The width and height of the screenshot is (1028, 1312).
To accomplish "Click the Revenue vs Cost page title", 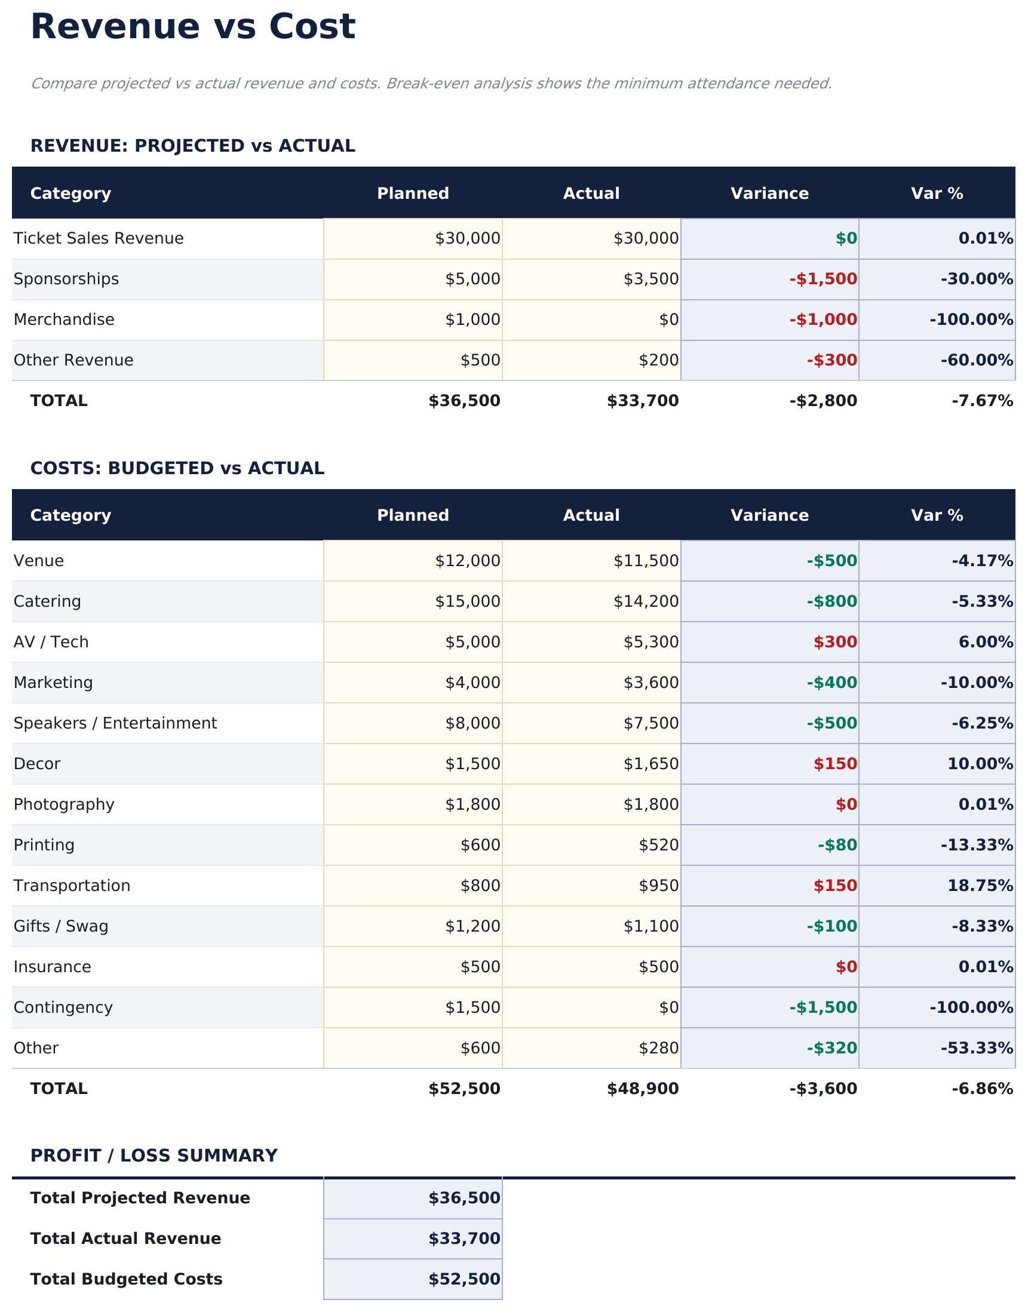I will coord(192,27).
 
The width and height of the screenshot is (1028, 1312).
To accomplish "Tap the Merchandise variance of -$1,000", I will coord(823,319).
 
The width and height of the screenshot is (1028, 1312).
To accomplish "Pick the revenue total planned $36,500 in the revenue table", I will coord(464,401).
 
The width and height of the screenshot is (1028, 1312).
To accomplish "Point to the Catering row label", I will coord(47,601).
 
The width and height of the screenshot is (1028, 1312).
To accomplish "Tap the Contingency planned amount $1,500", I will coord(472,1007).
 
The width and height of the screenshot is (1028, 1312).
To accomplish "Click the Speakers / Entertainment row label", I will coord(115,723).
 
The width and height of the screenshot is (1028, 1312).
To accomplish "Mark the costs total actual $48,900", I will coord(642,1089).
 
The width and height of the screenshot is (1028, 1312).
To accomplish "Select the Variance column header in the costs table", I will coord(769,515).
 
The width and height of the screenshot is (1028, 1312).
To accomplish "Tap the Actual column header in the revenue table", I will coord(591,193).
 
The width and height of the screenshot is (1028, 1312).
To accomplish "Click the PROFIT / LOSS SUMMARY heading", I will coord(154,1156).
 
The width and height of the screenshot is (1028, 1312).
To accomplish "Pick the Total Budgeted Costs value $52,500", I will coord(464,1279).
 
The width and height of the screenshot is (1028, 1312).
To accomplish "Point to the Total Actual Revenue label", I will coord(125,1239).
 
